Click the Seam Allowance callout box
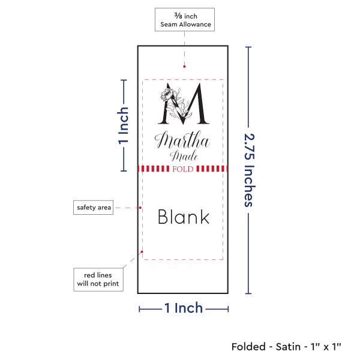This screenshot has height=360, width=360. point(184,19)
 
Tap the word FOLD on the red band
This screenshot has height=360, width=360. point(182,169)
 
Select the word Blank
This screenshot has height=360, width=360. point(184,217)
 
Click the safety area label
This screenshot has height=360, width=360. point(94,208)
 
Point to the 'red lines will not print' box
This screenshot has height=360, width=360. point(98,279)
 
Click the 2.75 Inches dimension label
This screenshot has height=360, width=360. point(249,169)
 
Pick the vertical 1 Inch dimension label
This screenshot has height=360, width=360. point(123,127)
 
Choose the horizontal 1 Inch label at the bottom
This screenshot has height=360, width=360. point(184,308)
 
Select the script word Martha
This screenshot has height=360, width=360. point(182,142)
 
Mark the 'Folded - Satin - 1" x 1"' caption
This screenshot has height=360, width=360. point(286,346)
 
